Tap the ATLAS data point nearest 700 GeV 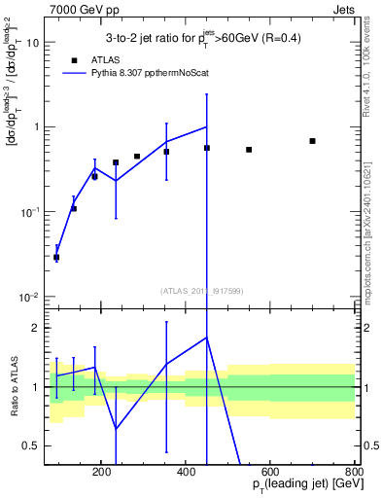(312, 141)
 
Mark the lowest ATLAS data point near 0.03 (56, 258)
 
